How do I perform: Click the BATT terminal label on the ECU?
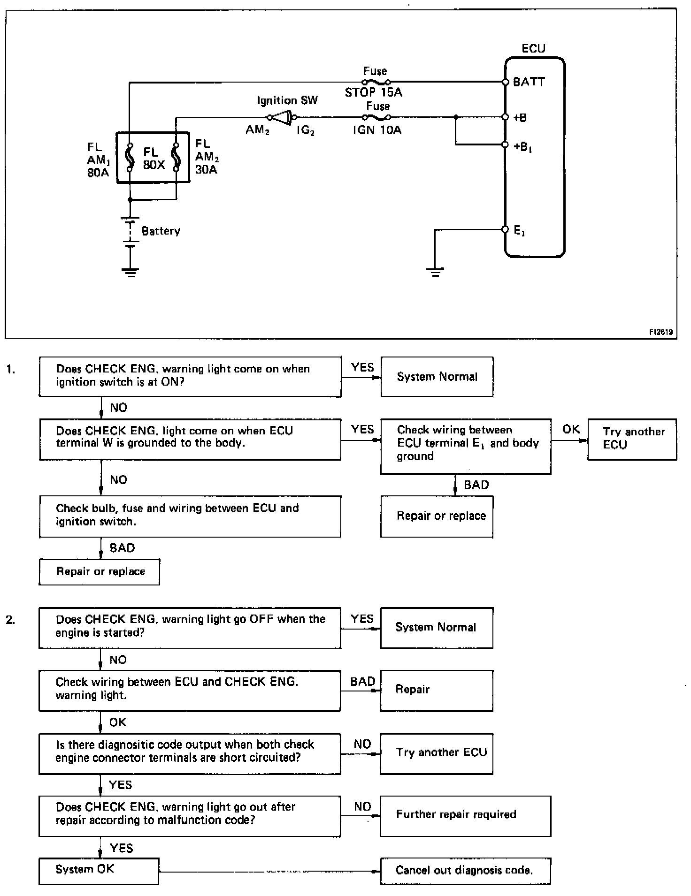pos(529,82)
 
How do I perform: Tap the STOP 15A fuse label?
pos(374,92)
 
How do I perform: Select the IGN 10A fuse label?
pos(377,130)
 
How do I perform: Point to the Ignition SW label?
pos(287,100)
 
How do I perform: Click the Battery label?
pos(161,231)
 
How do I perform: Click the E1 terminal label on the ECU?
pos(519,230)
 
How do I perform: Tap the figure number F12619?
pos(661,332)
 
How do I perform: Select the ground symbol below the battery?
pos(130,271)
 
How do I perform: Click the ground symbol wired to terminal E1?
pos(435,272)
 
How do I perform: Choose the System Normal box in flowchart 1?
pos(437,377)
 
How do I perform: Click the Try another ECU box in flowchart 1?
pos(632,439)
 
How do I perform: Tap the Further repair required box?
pos(465,816)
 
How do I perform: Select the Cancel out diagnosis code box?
pos(465,871)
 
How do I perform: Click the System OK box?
pos(99,870)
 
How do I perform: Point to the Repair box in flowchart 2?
pos(436,690)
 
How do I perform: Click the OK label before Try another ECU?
pos(571,429)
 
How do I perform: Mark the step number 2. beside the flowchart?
pos(11,620)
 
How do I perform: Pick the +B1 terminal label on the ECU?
pos(522,147)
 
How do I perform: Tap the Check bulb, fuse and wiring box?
pos(190,516)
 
